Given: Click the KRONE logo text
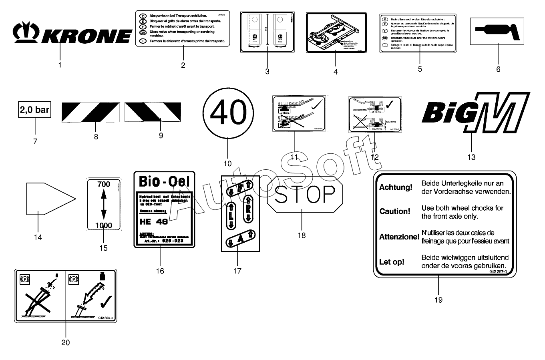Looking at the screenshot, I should click(86, 35).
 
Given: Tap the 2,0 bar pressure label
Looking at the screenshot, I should click(35, 110).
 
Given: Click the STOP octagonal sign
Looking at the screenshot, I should click(305, 194).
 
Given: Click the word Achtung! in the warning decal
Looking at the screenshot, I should click(396, 187).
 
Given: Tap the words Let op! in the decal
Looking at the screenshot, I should click(392, 262).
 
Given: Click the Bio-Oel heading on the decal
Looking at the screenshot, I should click(164, 181).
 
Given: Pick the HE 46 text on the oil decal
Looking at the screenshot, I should click(154, 221).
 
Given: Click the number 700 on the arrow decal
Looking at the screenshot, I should click(104, 184).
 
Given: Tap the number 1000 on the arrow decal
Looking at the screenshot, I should click(104, 225).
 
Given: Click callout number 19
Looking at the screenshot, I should click(438, 300).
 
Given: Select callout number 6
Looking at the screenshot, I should click(498, 69).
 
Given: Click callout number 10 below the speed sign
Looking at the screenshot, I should click(227, 163).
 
